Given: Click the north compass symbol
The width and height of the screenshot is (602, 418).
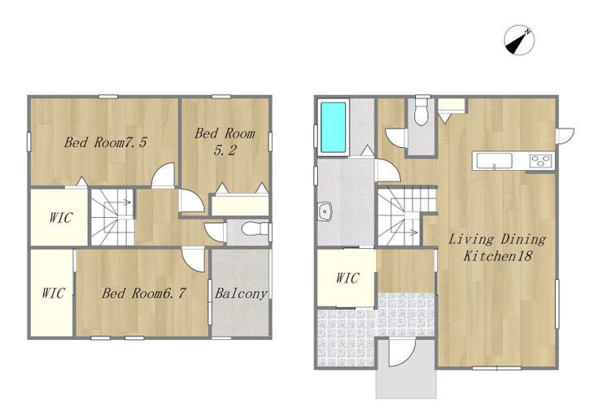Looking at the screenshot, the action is [519, 40].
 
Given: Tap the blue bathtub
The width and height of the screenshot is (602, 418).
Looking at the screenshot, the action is [333, 127].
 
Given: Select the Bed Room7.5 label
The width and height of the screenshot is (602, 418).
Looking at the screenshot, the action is [105, 142].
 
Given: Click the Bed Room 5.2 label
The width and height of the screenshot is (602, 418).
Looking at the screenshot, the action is [225, 142].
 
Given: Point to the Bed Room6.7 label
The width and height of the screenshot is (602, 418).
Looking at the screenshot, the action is [144, 294].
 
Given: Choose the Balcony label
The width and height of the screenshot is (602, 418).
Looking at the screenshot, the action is [241, 294].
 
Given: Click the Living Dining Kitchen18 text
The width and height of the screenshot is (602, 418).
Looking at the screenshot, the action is [498, 247].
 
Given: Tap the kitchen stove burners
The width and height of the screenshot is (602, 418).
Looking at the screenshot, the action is [541, 160].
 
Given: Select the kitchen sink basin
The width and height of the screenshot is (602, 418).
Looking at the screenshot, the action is [494, 160].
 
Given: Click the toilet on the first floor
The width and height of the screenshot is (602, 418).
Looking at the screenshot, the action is [421, 112].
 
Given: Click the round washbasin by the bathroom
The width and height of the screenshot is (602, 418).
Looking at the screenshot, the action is [325, 212].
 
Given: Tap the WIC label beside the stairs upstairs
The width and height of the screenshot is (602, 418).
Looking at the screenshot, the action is [60, 218].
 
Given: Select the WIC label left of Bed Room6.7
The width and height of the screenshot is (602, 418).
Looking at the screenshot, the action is [53, 294].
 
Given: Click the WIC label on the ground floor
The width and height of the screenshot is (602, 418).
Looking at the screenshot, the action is [347, 278].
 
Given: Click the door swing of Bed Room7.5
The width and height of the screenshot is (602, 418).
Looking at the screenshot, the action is [164, 176].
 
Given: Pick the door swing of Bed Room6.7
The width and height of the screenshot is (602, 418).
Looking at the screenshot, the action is [193, 260].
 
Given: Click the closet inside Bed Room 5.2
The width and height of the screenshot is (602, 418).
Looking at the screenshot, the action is [240, 206].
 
